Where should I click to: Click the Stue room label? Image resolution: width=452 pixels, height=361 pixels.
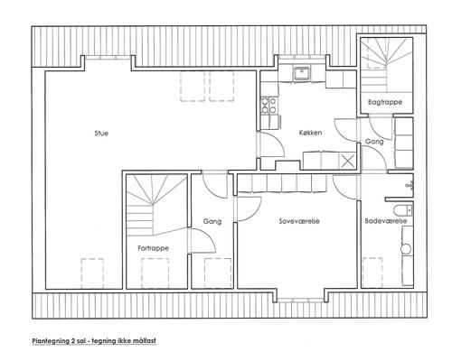(101, 134)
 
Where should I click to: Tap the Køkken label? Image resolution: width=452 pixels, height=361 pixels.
(310, 133)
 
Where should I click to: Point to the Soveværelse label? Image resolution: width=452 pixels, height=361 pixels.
(299, 221)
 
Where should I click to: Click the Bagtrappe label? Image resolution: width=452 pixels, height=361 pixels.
(385, 102)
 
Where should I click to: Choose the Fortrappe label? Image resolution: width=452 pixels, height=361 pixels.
(153, 248)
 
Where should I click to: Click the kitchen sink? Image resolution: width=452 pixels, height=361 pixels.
(301, 74)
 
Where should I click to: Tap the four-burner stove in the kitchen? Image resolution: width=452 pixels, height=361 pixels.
(268, 106)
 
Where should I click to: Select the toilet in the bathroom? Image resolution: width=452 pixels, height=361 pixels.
(402, 209)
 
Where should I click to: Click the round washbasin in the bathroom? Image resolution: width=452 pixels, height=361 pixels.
(406, 248)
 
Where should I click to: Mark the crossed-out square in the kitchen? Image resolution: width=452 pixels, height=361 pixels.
(348, 162)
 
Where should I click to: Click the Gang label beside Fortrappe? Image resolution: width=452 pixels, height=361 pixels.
(212, 222)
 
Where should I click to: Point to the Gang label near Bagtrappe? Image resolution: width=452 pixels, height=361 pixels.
(374, 142)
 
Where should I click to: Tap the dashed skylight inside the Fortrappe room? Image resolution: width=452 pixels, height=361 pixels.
(155, 273)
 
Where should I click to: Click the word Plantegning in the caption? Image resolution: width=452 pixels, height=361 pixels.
(51, 341)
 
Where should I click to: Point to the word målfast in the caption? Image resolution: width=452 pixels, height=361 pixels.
(145, 341)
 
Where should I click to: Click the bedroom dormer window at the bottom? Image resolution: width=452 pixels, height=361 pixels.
(300, 300)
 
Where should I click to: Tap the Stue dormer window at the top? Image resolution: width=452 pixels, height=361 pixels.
(108, 58)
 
